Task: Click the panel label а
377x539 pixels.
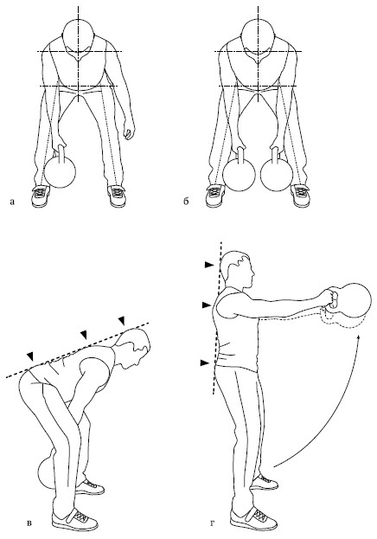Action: point(12,202)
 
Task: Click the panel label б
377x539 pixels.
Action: point(186,201)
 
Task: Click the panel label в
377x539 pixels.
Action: point(29,523)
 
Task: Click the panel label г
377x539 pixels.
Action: point(213,523)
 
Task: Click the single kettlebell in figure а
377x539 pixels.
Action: point(61,169)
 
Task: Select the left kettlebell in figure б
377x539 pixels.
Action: point(239,172)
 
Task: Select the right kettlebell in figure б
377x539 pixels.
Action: point(277,172)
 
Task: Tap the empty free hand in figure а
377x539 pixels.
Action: point(129,132)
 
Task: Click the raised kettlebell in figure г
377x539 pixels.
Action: point(350,302)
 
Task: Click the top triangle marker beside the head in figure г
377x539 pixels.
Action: point(209,265)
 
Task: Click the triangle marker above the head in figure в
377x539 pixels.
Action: point(121,321)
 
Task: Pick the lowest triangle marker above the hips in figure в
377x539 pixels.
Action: point(31,356)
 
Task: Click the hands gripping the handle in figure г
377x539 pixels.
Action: point(329,298)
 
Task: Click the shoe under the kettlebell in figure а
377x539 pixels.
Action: point(41,196)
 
